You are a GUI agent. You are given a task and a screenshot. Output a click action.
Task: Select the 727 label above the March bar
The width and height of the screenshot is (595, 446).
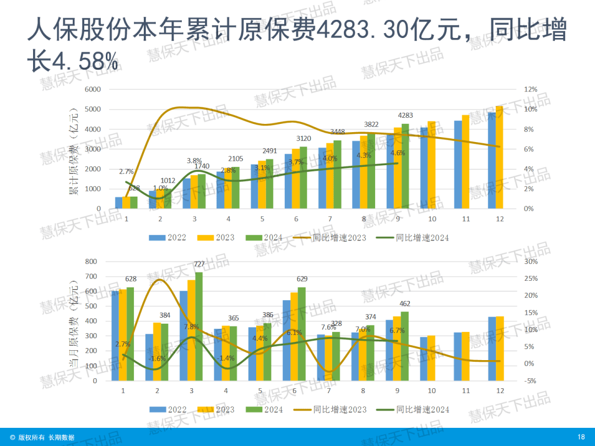tap(199, 264)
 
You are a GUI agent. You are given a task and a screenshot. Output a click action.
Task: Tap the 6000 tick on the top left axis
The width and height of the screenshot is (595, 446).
tap(92, 89)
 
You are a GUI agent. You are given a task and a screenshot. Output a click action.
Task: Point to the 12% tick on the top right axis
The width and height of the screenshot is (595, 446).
tap(530, 89)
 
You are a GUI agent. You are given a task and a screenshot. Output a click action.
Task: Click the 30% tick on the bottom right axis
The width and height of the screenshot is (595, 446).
tap(531, 262)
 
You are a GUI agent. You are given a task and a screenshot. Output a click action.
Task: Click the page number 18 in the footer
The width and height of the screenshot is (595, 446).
tap(581, 437)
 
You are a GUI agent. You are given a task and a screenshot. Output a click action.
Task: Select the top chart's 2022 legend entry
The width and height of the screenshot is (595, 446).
tap(169, 238)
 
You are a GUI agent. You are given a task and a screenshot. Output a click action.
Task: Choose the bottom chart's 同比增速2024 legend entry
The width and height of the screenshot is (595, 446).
tap(413, 410)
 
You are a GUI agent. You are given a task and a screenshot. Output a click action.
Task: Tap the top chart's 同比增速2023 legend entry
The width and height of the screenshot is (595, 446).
tap(331, 238)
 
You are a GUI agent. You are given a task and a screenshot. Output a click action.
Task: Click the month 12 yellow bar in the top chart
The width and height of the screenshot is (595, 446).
tap(500, 157)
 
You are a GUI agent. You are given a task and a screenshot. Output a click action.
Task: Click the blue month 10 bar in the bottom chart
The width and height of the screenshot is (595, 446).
tap(423, 358)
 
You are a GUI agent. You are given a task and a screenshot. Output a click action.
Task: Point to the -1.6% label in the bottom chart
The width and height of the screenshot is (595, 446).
tap(158, 358)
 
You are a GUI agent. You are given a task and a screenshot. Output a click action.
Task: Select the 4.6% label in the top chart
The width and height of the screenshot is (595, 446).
tap(397, 153)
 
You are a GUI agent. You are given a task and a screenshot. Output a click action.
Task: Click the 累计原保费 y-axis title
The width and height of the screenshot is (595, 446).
tap(73, 151)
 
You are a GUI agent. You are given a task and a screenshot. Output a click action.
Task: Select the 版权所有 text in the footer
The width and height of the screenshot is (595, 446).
tap(31, 437)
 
